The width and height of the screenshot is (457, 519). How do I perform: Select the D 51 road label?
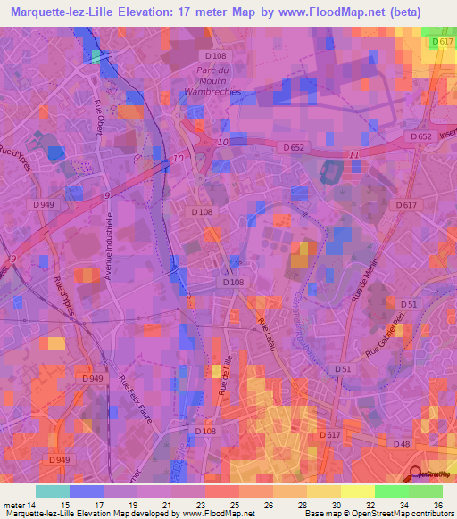[343, 368]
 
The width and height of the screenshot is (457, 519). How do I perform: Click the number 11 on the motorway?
[354, 155]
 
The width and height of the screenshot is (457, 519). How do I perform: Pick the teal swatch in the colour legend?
[53, 490]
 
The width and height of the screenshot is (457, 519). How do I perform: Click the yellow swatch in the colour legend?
[358, 490]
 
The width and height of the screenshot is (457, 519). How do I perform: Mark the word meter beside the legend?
[15, 505]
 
